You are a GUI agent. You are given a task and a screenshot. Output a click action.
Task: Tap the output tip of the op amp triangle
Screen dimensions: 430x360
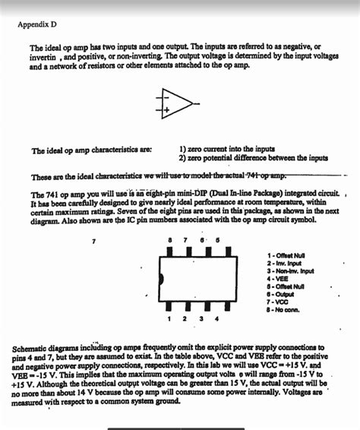191,103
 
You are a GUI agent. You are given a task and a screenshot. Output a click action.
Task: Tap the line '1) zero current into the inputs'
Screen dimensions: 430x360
226,150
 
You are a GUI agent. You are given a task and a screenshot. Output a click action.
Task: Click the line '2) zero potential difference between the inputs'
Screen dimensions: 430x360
253,158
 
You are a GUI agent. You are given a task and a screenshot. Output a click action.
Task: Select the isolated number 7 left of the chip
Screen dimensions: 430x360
93,241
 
